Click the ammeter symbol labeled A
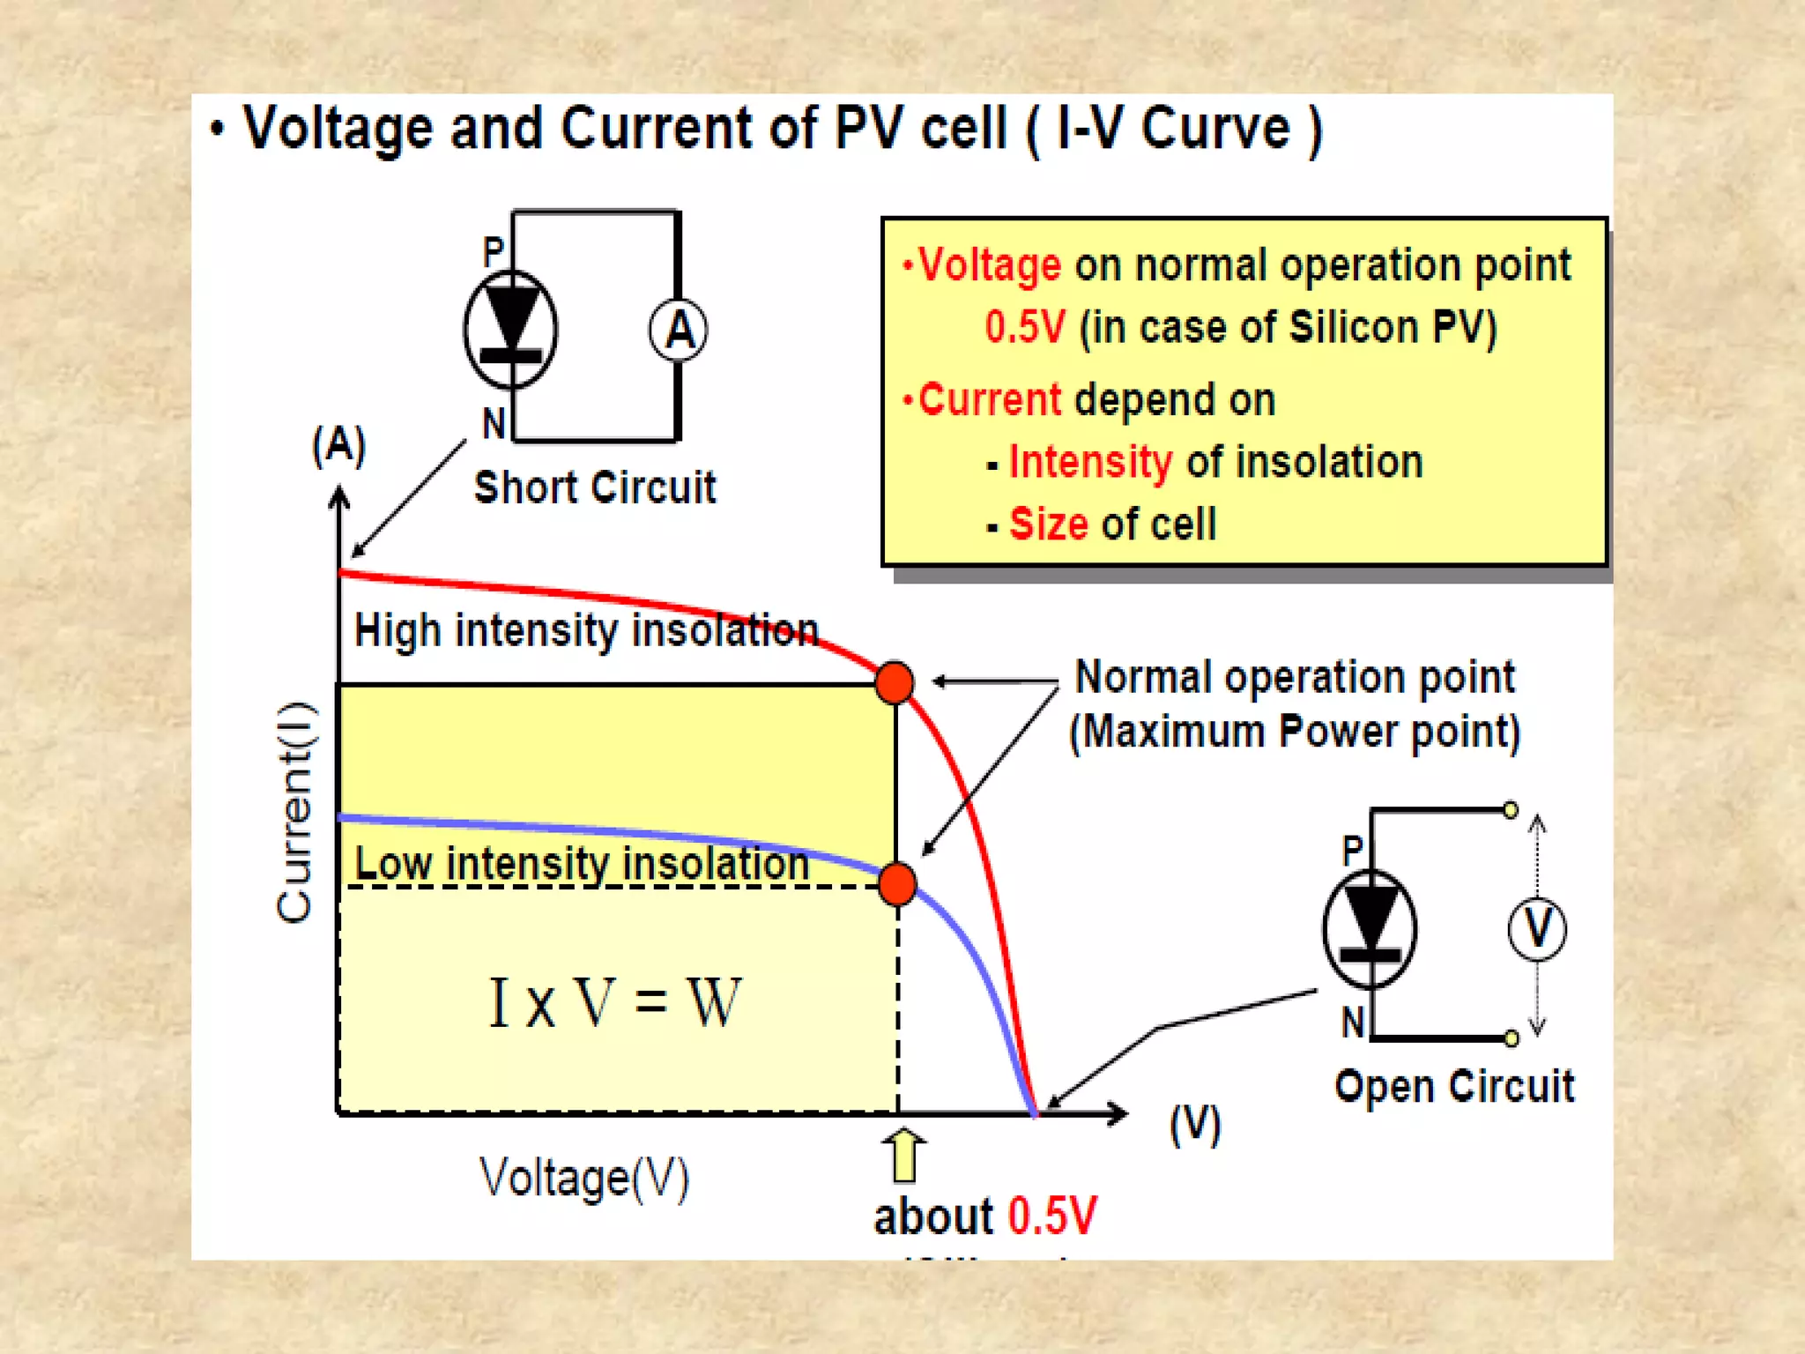point(678,331)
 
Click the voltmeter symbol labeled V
point(1537,928)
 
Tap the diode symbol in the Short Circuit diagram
point(510,330)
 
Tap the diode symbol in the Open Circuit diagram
point(1370,928)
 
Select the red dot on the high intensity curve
point(895,682)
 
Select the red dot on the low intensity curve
point(897,884)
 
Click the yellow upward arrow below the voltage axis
point(903,1155)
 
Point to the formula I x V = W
point(615,1002)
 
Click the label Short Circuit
point(595,487)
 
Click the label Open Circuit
point(1454,1086)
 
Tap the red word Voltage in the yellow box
point(989,265)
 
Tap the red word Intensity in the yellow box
point(1090,462)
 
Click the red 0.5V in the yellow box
point(1024,327)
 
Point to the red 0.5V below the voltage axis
point(1052,1216)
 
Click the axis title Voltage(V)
point(584,1178)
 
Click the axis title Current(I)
point(294,812)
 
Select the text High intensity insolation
point(586,631)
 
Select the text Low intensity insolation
point(582,863)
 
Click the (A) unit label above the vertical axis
point(338,445)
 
